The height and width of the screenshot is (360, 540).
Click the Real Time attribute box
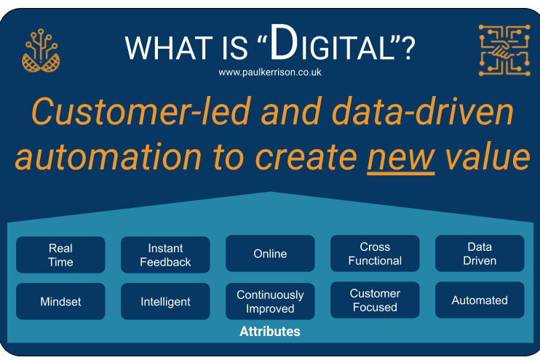tap(60, 255)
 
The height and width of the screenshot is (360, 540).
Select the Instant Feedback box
tap(165, 255)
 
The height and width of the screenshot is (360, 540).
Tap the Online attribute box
tap(270, 254)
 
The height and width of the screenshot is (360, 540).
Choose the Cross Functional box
tap(375, 254)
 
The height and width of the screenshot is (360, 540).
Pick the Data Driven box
tap(480, 254)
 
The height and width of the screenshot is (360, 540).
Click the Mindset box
tap(60, 301)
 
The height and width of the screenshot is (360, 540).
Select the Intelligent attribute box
tap(165, 301)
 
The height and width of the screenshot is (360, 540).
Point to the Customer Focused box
tap(375, 300)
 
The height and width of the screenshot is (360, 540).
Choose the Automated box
tap(480, 300)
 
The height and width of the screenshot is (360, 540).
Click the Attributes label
tap(270, 332)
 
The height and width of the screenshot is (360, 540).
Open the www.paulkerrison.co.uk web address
tap(270, 73)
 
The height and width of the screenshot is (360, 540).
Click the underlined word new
tap(400, 158)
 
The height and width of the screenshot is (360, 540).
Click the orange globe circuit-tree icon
tap(41, 51)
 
